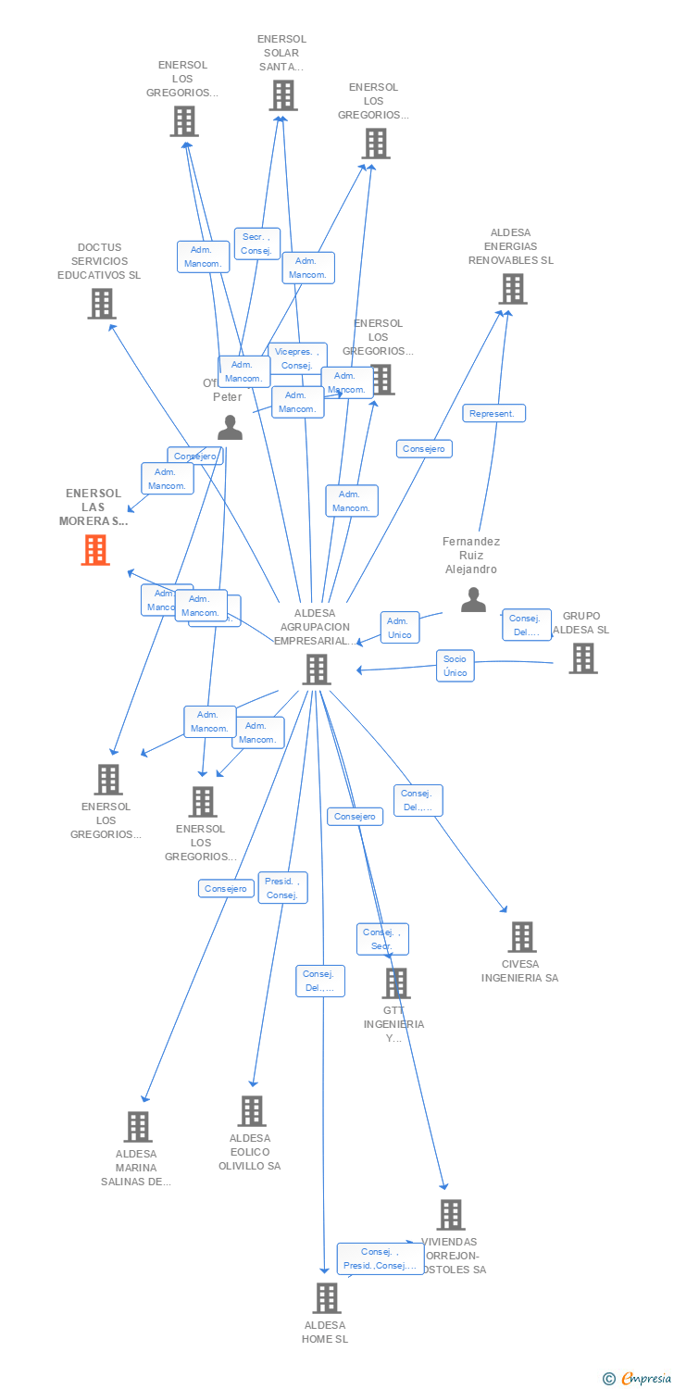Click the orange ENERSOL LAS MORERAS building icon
[95, 550]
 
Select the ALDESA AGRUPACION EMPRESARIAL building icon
[317, 669]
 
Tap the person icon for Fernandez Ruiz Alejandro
[473, 600]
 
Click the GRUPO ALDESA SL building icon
[582, 657]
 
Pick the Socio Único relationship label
[455, 666]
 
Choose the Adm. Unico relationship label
[399, 627]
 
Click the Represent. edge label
[493, 413]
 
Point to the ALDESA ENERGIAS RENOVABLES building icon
[512, 289]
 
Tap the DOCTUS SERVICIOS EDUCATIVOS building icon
[101, 303]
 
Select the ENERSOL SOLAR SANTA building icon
[282, 94]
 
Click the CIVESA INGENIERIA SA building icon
[521, 936]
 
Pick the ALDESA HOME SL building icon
[326, 1297]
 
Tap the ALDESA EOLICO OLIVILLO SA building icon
[251, 1110]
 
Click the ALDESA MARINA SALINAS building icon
[138, 1126]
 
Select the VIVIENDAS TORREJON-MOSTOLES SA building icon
[450, 1214]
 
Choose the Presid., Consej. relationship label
[281, 888]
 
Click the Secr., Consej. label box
[256, 244]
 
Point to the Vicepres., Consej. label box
[297, 358]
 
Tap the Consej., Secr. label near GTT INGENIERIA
[381, 939]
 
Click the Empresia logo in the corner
[638, 1379]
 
